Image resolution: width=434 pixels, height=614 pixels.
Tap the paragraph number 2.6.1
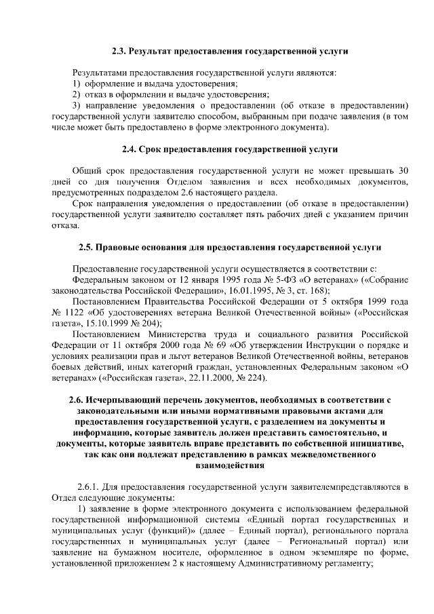click(89, 486)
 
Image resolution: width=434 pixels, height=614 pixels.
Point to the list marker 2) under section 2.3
click(77, 94)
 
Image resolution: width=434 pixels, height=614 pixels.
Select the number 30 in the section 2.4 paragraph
click(402, 170)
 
